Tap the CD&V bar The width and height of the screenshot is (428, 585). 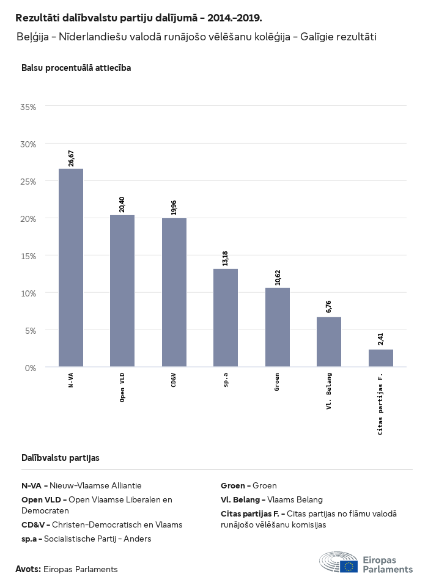pos(174,293)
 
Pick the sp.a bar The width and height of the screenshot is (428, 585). pos(226,318)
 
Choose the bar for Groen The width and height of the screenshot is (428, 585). pos(278,328)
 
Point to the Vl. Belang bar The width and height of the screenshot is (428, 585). pos(329,342)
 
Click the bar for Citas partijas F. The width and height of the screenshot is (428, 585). pos(380,358)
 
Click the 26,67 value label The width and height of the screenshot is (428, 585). pos(72,158)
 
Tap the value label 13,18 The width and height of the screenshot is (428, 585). pos(226,258)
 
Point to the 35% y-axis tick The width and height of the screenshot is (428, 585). pos(29,107)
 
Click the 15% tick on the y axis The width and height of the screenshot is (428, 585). pos(29,256)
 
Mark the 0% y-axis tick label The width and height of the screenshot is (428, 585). pos(31,367)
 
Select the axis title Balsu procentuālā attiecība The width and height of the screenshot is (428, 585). pos(76,68)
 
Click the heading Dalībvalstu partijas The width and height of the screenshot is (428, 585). pos(60,457)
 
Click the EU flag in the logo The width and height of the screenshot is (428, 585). pos(349,566)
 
